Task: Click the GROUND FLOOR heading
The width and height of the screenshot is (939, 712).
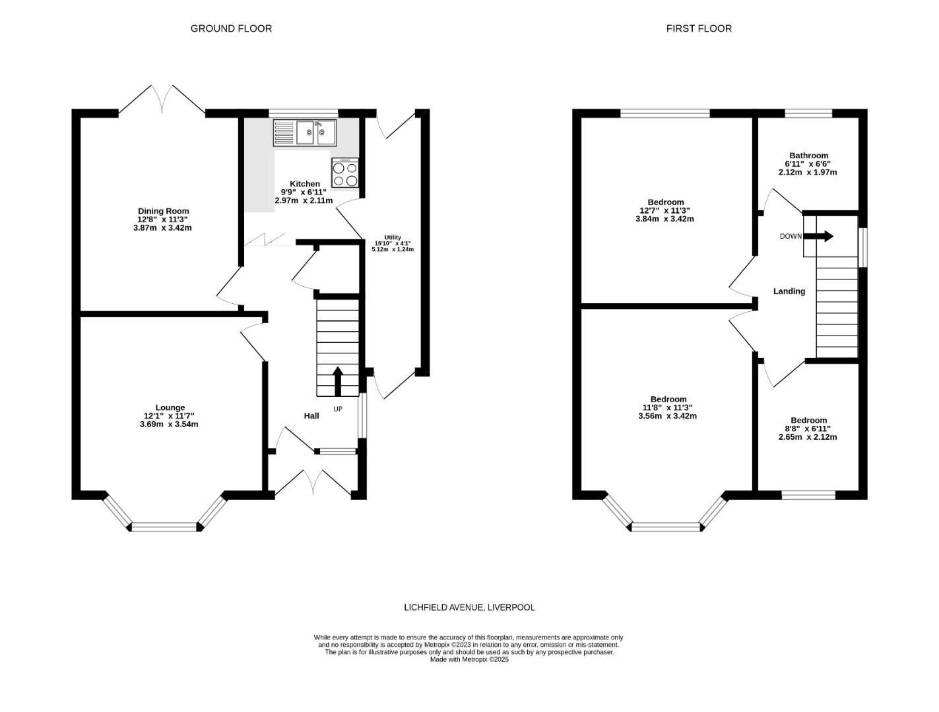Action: tap(231, 28)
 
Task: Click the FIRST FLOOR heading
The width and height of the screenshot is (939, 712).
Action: tap(699, 28)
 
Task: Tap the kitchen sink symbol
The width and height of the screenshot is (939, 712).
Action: tap(305, 133)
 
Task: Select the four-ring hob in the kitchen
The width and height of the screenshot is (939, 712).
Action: tap(345, 173)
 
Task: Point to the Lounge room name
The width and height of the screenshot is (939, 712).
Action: tap(170, 407)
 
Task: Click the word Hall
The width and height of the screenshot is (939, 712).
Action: tap(311, 416)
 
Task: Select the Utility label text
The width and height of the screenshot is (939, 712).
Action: tap(393, 237)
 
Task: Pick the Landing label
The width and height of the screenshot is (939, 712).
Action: tap(789, 291)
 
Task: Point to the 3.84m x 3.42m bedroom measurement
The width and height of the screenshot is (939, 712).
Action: tap(665, 219)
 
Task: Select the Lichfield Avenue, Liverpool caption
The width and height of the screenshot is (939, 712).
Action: tap(469, 607)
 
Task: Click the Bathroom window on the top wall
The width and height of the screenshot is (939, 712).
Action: tap(808, 113)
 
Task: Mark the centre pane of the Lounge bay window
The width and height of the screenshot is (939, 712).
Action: tap(165, 526)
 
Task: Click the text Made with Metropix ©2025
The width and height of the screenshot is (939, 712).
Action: tap(469, 659)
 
